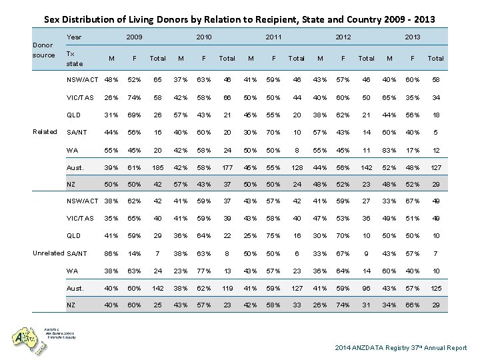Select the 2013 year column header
click(x=412, y=37)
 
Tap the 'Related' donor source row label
click(x=45, y=131)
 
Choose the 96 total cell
click(x=365, y=287)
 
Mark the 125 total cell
click(x=435, y=287)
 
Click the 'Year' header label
click(x=75, y=37)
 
